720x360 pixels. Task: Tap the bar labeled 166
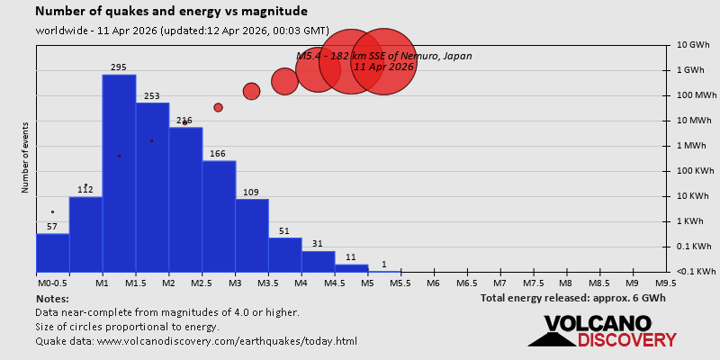pos(219,216)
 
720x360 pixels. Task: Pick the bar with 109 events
pos(252,235)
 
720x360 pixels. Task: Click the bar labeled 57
pos(52,252)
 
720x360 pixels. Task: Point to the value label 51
pos(284,231)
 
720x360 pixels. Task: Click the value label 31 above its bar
pos(318,244)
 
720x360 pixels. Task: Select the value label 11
pos(351,257)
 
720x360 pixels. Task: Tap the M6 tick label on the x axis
pos(433,283)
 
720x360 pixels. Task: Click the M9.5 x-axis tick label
pos(666,283)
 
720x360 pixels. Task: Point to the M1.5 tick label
pos(135,283)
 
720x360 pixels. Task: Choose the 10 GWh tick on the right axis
pos(694,45)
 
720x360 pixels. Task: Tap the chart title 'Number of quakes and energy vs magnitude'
pos(171,12)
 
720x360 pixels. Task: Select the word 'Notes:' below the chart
pos(52,298)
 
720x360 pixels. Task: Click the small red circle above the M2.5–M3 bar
pos(218,107)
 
